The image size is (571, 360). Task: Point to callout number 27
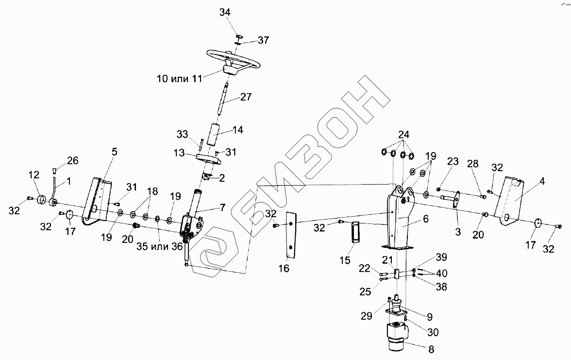[246, 97]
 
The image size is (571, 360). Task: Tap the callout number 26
[72, 160]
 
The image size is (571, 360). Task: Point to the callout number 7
[222, 208]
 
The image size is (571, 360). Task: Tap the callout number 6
[425, 219]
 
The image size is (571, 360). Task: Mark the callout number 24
[403, 135]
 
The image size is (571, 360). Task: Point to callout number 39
[441, 257]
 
